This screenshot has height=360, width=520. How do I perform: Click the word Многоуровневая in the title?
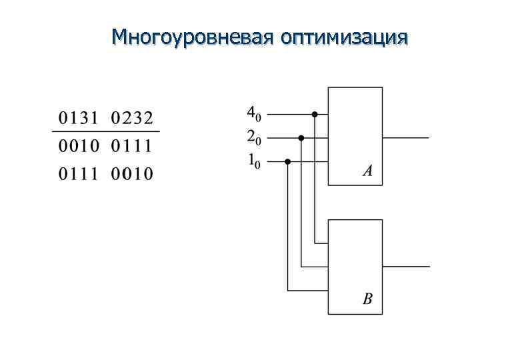tap(193, 36)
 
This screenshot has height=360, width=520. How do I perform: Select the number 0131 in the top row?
tap(79, 119)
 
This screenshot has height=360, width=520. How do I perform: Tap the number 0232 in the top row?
tap(131, 119)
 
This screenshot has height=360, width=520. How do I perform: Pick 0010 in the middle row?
tap(79, 146)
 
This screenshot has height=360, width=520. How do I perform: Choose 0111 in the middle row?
tap(131, 146)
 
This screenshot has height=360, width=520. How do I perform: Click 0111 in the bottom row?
tap(79, 174)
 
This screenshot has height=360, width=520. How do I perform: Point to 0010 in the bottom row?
tap(131, 174)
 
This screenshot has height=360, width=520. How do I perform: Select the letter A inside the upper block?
tap(367, 171)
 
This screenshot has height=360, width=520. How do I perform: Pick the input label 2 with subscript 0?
tap(254, 137)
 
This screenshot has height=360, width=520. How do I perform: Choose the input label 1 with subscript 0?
tap(254, 161)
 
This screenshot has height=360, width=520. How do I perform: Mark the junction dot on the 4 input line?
tap(315, 114)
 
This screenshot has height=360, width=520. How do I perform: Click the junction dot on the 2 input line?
tap(301, 138)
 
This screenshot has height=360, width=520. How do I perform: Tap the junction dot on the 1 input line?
tap(287, 161)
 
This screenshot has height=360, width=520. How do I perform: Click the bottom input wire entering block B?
tap(307, 290)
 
